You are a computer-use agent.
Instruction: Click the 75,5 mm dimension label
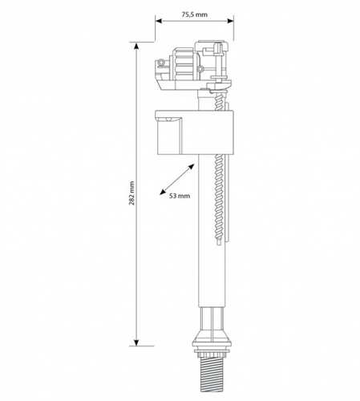click(x=195, y=14)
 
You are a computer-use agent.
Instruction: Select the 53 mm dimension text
click(x=180, y=195)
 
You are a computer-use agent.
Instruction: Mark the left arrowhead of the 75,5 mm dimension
click(x=158, y=25)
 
